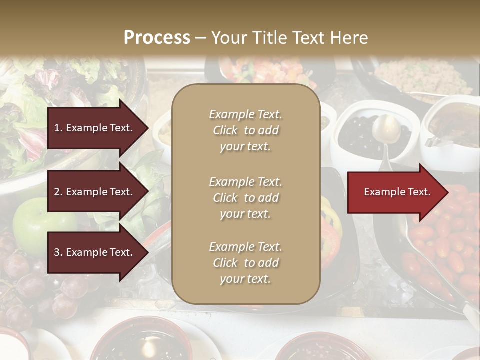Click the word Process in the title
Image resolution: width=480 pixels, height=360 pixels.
[x=157, y=38]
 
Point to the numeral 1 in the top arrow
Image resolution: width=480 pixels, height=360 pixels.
[x=56, y=128]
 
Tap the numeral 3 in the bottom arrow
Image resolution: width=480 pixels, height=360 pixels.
[x=57, y=252]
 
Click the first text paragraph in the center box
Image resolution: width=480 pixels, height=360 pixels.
[x=245, y=130]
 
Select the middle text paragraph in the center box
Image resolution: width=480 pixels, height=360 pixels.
[x=245, y=197]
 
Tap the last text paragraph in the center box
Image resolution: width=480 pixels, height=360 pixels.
[x=245, y=263]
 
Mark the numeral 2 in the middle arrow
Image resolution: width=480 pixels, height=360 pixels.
[x=57, y=192]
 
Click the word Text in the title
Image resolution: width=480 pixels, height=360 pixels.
[x=311, y=38]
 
